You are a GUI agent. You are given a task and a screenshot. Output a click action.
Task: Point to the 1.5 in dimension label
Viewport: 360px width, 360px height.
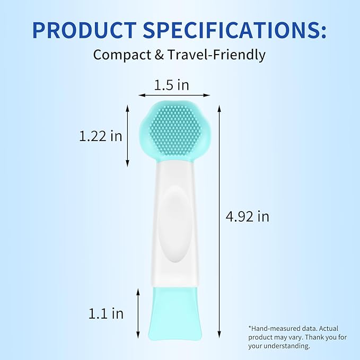click(x=171, y=85)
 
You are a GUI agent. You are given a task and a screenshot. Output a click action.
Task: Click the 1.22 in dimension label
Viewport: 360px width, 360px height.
click(x=101, y=136)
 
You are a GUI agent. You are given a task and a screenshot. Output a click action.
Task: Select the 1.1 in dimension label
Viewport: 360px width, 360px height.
click(x=106, y=313)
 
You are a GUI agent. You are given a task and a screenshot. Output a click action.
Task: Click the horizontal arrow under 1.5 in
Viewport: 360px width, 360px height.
click(x=174, y=95)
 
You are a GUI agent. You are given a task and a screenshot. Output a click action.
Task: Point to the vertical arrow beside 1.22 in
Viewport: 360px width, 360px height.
click(x=127, y=135)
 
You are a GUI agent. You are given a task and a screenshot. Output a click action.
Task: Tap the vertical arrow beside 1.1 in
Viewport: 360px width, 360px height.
click(x=138, y=313)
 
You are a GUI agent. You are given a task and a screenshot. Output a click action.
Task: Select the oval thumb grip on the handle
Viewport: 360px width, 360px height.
click(x=174, y=225)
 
